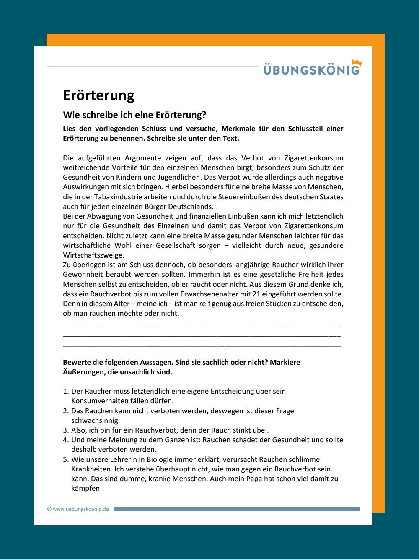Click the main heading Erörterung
coord(98,95)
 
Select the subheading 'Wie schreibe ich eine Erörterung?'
coord(134,115)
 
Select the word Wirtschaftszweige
coord(93,255)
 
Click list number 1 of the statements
coord(65,391)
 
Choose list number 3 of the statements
coord(65,430)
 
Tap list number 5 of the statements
coord(65,459)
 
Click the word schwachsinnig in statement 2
coord(96,420)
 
